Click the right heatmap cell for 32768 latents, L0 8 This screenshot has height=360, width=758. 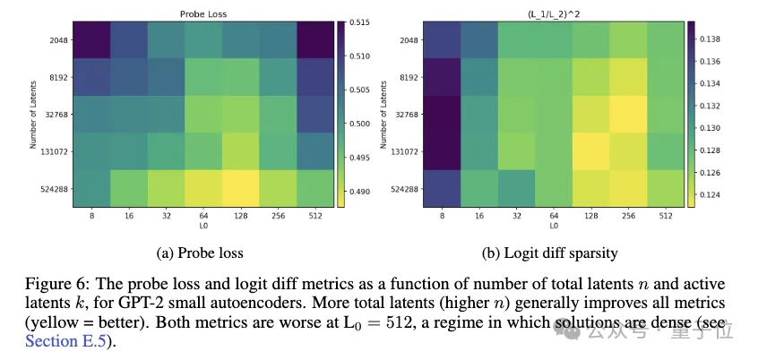(x=443, y=115)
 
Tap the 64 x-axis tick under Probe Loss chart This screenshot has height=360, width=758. (x=203, y=215)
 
